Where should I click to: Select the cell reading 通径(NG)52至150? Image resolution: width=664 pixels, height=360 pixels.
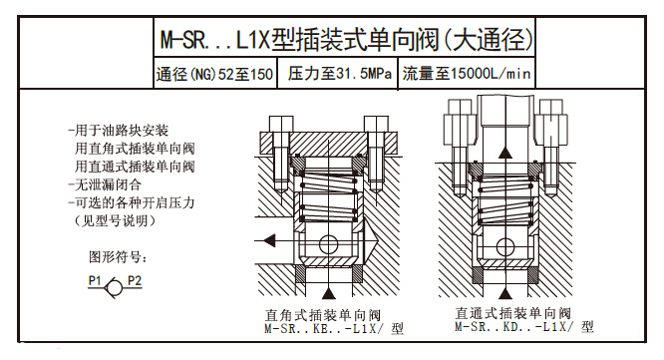(x=214, y=74)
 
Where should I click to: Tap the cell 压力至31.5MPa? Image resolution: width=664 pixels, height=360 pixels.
(x=340, y=74)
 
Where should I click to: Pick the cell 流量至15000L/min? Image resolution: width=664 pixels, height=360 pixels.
(x=467, y=74)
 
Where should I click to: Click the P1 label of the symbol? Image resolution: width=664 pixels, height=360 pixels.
(x=95, y=280)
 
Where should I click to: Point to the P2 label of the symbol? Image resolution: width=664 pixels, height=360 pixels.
(x=135, y=280)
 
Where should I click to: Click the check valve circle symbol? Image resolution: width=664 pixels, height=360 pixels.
(x=114, y=288)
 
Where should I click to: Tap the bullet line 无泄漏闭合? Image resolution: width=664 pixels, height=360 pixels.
(x=105, y=184)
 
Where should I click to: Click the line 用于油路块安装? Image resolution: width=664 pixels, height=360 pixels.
(x=119, y=131)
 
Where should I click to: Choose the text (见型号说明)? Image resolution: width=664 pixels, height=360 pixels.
(x=115, y=220)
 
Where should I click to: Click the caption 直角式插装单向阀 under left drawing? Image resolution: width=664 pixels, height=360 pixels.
(x=323, y=315)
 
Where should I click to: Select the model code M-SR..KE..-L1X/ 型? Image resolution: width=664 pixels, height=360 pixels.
(x=334, y=329)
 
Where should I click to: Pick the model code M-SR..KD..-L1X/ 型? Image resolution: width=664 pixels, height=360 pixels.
(x=524, y=326)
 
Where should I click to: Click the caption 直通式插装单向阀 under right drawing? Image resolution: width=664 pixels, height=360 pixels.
(x=513, y=313)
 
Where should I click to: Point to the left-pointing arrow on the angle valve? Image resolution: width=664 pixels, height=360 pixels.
(x=269, y=241)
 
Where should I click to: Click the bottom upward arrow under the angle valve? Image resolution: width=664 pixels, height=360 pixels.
(x=329, y=293)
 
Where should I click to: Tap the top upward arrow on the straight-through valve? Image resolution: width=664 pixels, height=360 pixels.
(x=504, y=152)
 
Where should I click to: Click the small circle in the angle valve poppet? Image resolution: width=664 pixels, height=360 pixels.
(x=329, y=244)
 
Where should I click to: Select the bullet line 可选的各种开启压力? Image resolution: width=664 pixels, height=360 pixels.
(x=132, y=202)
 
